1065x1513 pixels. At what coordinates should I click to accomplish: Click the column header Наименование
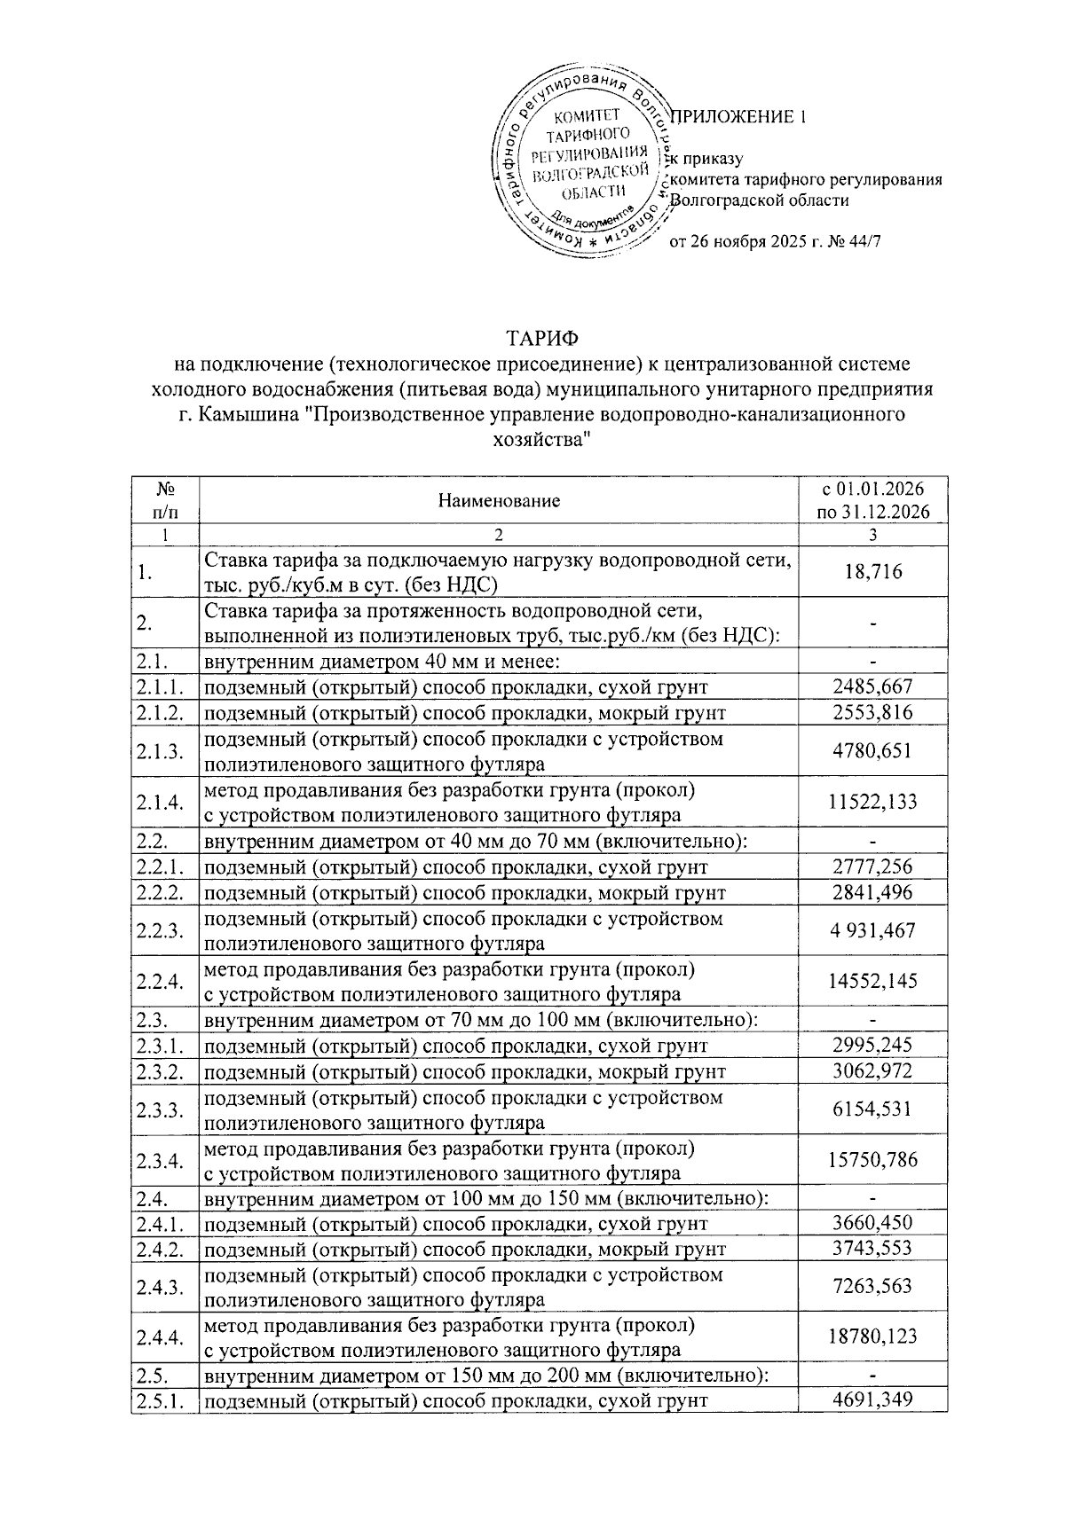tap(499, 501)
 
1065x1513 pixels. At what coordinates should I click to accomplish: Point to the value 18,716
tap(873, 572)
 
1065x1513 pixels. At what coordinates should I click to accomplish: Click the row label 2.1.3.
tap(161, 751)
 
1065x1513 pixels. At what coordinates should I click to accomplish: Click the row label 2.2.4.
tap(161, 981)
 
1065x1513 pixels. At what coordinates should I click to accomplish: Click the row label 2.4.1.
tap(161, 1224)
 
